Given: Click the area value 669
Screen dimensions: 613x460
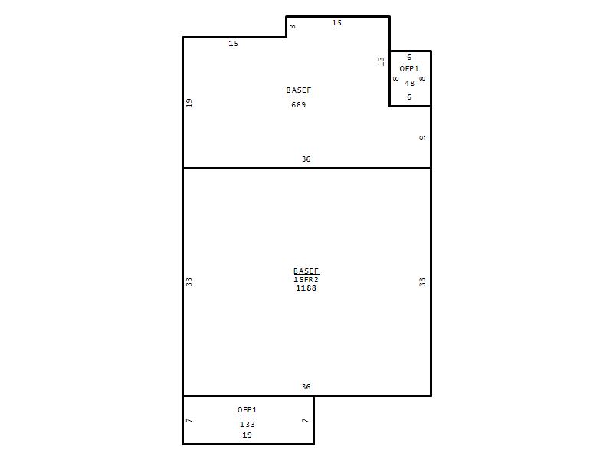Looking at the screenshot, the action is point(298,104).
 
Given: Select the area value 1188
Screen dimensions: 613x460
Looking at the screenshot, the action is point(306,288).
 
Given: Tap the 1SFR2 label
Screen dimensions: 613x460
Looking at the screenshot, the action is point(306,279).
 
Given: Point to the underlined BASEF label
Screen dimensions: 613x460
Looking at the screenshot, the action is point(306,271).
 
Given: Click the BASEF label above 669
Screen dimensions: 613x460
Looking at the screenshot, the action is point(299,90).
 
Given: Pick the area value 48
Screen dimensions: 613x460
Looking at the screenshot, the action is point(409,83).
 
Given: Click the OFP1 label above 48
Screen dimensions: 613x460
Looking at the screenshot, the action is point(409,68).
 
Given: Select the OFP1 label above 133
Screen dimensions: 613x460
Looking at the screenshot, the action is point(247,409).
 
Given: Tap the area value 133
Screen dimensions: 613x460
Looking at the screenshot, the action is point(247,424).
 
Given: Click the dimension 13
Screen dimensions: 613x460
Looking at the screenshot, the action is point(381,61).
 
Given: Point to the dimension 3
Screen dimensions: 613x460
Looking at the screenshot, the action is point(293,27).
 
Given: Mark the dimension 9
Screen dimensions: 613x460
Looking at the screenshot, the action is point(422,137).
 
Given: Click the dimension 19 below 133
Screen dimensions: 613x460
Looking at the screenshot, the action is point(247,435).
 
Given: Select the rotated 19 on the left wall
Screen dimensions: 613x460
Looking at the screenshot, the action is point(188,103).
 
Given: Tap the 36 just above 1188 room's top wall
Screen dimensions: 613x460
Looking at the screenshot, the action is point(306,159).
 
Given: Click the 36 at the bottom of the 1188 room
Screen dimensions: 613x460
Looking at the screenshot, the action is point(306,387).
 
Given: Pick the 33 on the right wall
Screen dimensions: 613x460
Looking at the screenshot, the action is point(422,281).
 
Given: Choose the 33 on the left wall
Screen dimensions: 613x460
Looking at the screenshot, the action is point(188,281).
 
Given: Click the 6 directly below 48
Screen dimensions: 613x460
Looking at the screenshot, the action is point(409,97).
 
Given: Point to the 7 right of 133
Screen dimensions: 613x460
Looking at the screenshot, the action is point(305,420).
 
